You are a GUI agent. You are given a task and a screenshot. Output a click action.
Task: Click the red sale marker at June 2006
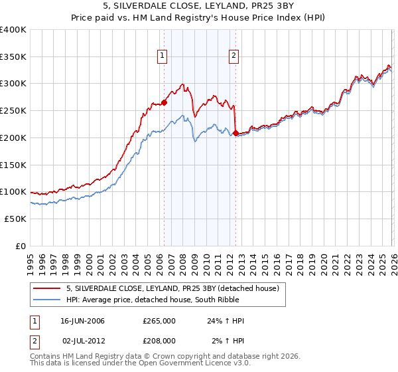[164, 102]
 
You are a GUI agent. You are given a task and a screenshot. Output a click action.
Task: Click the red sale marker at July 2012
[235, 134]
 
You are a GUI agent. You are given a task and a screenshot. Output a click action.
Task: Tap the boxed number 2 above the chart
[234, 56]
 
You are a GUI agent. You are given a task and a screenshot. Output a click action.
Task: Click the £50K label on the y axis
[15, 219]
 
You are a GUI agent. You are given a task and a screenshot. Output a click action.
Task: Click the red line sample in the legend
[47, 288]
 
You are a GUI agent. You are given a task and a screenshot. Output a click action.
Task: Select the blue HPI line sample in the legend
[47, 300]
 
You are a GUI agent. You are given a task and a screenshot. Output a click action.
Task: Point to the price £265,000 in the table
[159, 321]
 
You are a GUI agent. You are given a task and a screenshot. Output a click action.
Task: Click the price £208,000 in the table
[159, 339]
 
